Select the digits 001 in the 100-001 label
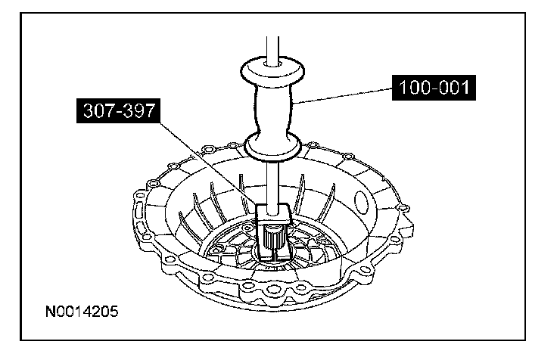click(450, 88)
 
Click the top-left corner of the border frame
click(21, 16)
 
